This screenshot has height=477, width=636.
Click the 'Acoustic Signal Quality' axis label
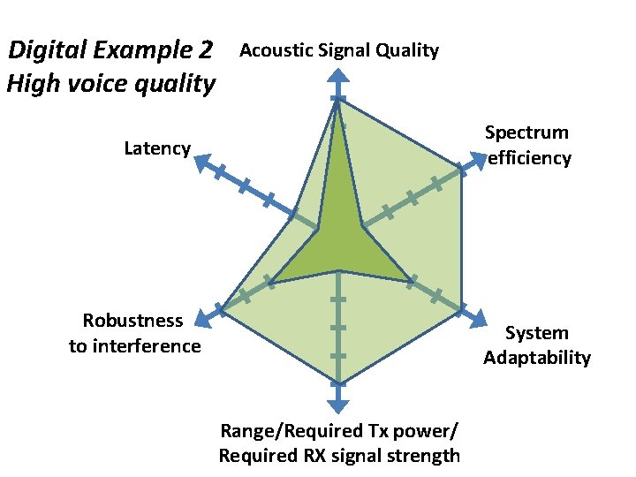[339, 50]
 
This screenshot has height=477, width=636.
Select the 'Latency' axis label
[157, 148]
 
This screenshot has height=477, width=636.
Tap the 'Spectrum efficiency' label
[527, 145]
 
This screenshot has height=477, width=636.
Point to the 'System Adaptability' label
[536, 345]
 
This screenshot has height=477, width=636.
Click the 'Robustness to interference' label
[134, 333]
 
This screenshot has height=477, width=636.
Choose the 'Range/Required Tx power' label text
[339, 431]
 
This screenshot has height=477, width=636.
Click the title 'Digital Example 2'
[110, 50]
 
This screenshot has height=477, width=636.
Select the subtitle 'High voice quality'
[110, 85]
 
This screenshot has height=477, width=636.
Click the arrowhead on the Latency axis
[201, 163]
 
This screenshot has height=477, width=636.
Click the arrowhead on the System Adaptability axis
[477, 319]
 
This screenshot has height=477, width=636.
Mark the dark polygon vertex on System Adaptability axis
[412, 282]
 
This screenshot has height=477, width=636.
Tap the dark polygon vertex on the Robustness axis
[270, 283]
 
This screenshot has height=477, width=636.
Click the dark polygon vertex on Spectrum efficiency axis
[362, 226]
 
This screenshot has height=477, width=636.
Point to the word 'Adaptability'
[536, 358]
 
